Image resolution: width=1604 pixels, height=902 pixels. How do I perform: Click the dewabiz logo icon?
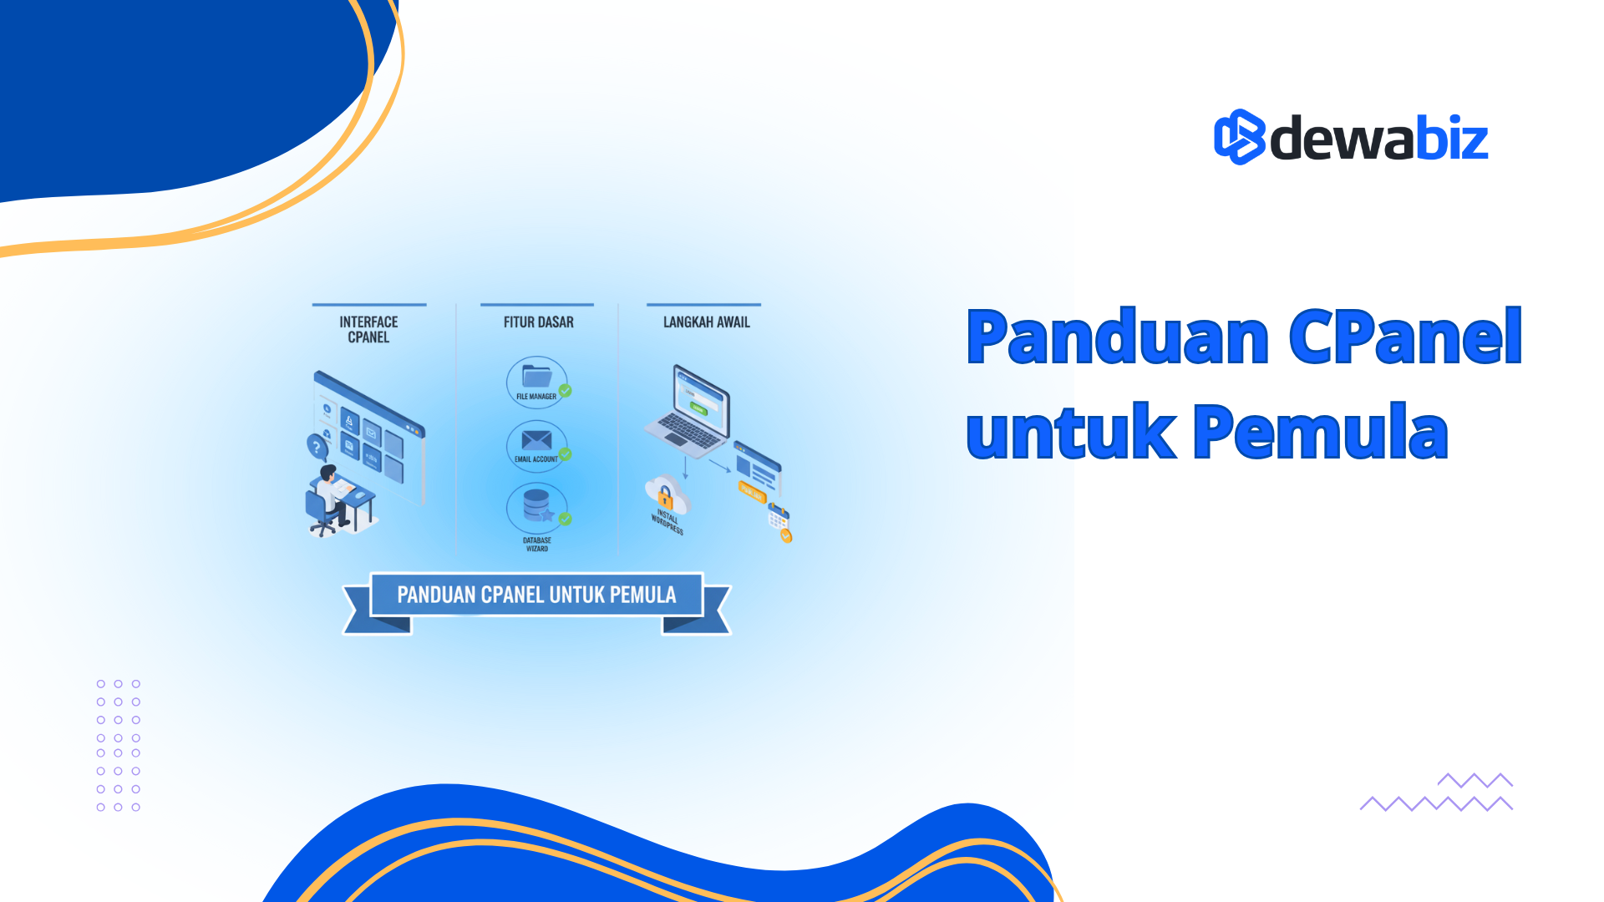click(x=1239, y=137)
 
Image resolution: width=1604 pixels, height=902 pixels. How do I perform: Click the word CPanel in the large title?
click(x=1405, y=337)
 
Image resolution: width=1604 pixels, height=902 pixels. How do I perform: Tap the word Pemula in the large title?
click(x=1320, y=432)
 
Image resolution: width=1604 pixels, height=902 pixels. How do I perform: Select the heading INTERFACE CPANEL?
click(x=368, y=329)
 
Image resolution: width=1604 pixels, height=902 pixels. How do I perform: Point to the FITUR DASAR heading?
click(x=538, y=322)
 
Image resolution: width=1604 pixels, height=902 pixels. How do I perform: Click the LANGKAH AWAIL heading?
click(x=706, y=322)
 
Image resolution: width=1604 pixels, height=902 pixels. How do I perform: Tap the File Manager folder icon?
click(x=536, y=377)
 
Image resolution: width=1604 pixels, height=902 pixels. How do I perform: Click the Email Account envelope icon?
click(x=536, y=440)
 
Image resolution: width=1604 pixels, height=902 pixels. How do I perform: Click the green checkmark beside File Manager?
click(x=566, y=390)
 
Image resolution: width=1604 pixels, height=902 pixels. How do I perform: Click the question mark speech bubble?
click(x=317, y=447)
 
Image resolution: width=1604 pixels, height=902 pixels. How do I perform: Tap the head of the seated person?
click(x=328, y=473)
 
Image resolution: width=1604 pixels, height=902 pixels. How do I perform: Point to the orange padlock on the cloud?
click(x=665, y=497)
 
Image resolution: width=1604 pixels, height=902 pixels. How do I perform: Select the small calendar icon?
click(x=778, y=516)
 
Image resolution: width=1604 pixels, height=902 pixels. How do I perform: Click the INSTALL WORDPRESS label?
click(x=667, y=522)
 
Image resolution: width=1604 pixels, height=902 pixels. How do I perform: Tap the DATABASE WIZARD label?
click(x=536, y=545)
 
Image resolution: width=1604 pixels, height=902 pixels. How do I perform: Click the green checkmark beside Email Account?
click(x=566, y=454)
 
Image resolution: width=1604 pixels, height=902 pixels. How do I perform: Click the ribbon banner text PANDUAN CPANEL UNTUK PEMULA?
click(x=536, y=595)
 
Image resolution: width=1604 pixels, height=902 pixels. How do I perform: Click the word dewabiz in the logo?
click(x=1378, y=139)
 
